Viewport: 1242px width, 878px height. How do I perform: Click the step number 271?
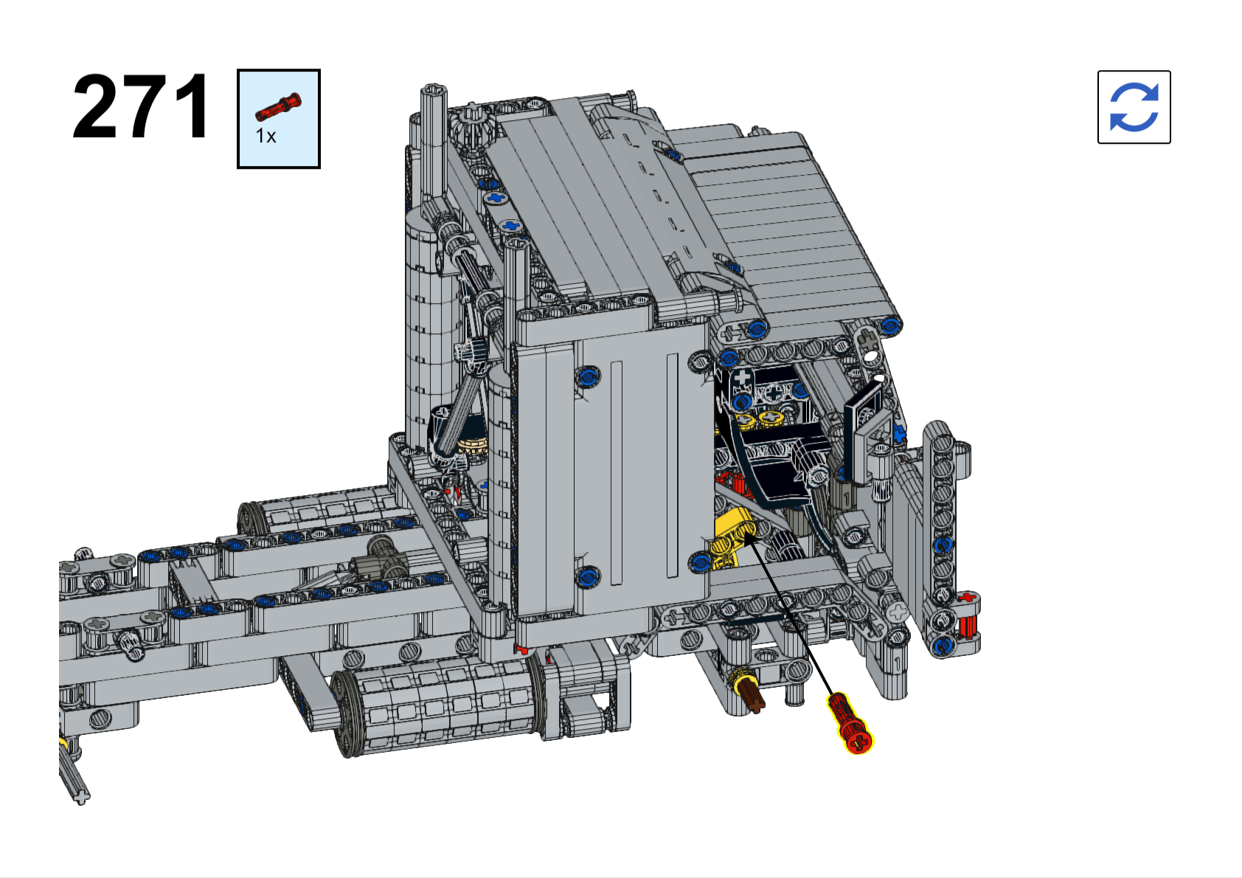(141, 106)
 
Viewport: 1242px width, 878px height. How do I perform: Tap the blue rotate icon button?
(1134, 107)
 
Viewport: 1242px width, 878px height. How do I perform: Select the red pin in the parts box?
(278, 106)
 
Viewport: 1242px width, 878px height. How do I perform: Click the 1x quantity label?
(266, 136)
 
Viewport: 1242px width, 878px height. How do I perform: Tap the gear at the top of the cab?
(471, 127)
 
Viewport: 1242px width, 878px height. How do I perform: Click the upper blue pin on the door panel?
(588, 376)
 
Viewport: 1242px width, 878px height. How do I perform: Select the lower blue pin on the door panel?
(588, 577)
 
